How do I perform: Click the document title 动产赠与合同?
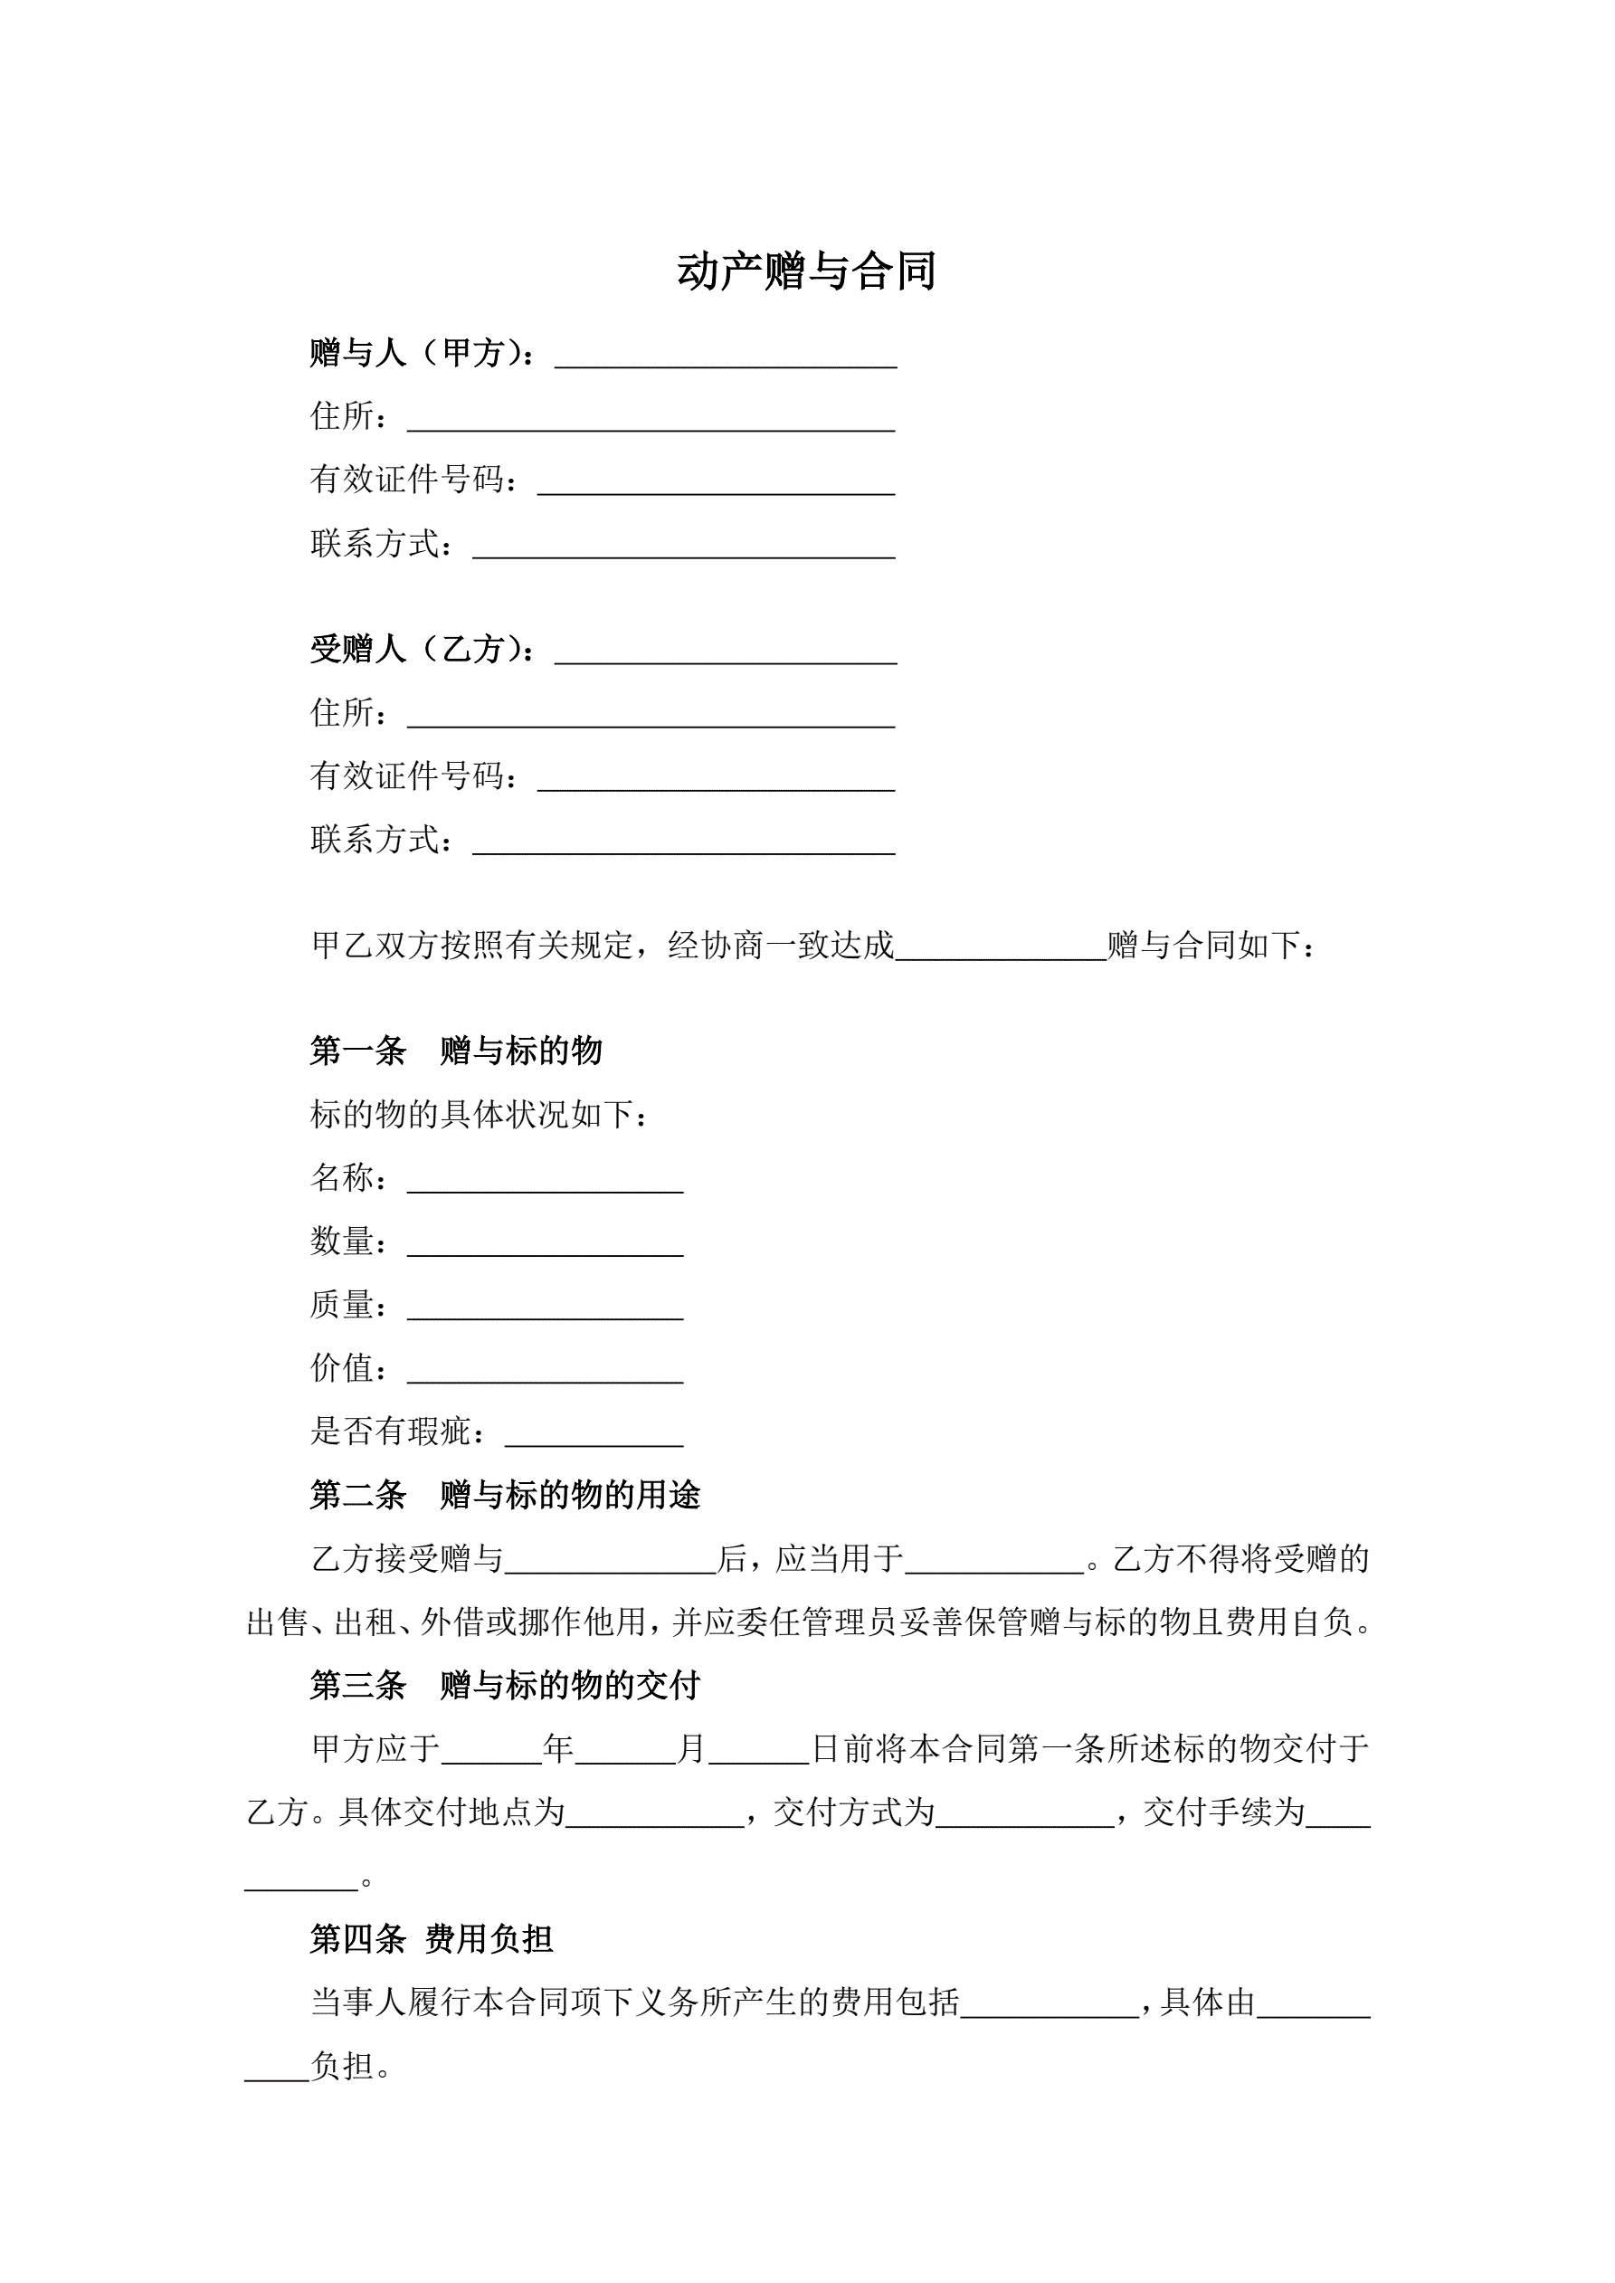(806, 271)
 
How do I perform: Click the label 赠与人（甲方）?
(423, 353)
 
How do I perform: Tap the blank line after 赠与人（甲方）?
(726, 356)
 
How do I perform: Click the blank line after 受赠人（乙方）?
(726, 652)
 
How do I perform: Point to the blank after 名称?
(545, 1180)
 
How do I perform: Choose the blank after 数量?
(545, 1244)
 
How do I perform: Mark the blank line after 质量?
(545, 1308)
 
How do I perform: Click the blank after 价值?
(545, 1371)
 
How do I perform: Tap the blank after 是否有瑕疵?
(594, 1435)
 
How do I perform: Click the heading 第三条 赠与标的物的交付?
(505, 1686)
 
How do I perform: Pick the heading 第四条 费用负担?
(432, 1938)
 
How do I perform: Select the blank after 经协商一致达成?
(1001, 947)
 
